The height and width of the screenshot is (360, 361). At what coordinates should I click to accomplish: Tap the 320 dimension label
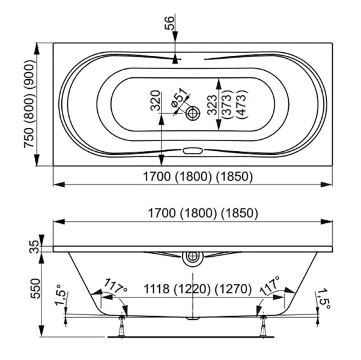154,101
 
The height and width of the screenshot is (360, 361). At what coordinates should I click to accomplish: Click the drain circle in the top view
193,112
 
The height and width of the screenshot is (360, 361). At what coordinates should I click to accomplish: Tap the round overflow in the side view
193,257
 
